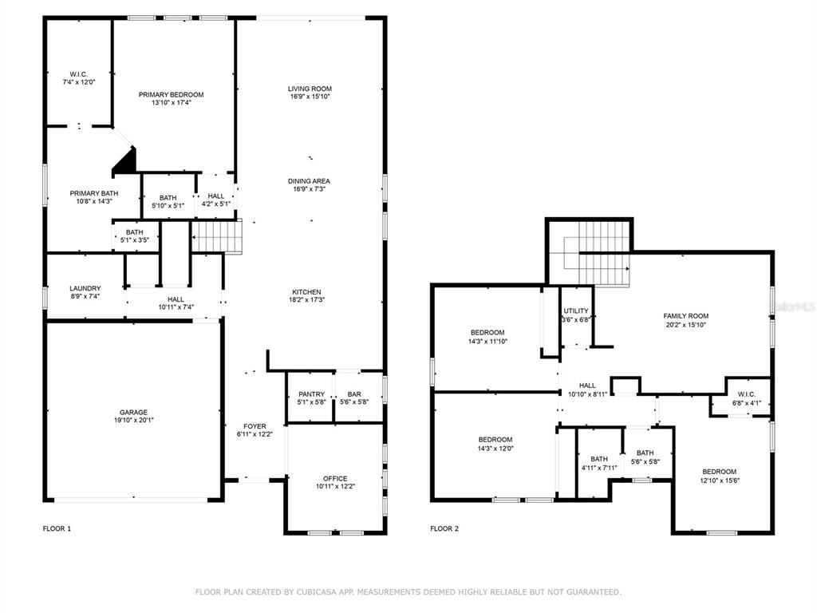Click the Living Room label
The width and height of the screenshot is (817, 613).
tap(310, 89)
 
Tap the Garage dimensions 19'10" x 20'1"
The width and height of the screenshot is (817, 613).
tap(133, 420)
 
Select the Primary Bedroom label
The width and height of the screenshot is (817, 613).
tap(171, 94)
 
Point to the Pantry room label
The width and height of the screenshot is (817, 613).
tap(312, 394)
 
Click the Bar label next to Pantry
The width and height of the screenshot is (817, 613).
tap(354, 394)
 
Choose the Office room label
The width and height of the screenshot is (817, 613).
tap(335, 479)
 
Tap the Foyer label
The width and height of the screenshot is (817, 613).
tap(255, 426)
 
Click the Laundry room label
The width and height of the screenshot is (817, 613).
tap(85, 288)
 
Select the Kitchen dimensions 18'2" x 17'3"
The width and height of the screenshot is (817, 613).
tap(306, 300)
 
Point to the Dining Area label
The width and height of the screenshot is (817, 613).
tap(309, 181)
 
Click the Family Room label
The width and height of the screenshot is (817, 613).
tap(685, 316)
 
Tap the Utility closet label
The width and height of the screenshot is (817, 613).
tap(576, 310)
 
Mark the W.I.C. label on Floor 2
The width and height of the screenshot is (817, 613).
tap(747, 394)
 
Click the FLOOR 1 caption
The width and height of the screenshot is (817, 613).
tap(57, 528)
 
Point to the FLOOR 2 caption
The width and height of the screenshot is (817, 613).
tap(444, 528)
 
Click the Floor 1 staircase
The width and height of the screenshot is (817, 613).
tap(217, 236)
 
